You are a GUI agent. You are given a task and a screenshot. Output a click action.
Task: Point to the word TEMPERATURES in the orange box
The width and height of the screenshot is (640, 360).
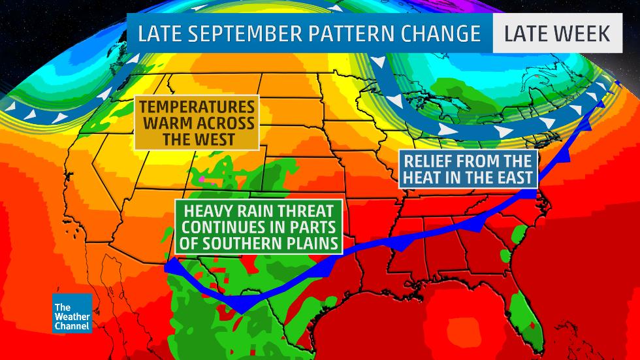pyautogui.click(x=196, y=107)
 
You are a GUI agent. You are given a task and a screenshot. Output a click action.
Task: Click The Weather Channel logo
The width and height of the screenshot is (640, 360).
pyautogui.click(x=72, y=313)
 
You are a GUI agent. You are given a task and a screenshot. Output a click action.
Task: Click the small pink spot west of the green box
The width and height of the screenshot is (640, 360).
pyautogui.click(x=202, y=178)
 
